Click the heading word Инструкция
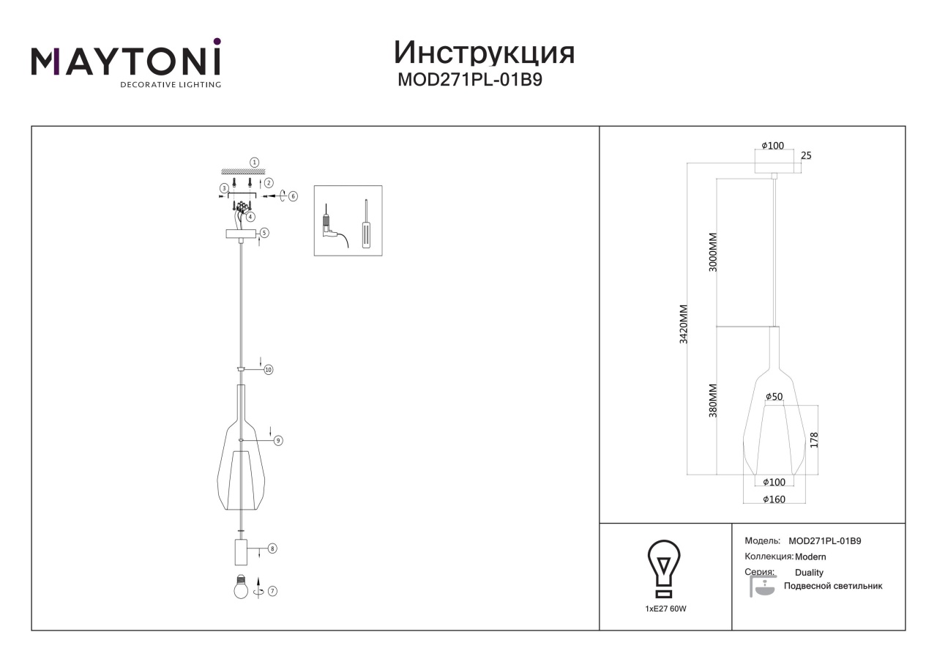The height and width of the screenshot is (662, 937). [x=484, y=53]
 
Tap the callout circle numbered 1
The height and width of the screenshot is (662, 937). [x=254, y=163]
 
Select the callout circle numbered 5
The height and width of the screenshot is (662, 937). [x=264, y=233]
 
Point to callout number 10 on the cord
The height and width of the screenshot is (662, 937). [x=269, y=370]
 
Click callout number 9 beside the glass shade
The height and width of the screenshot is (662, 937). [x=278, y=440]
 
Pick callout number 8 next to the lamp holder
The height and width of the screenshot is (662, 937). [x=272, y=548]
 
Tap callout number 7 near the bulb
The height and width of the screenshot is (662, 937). [x=272, y=591]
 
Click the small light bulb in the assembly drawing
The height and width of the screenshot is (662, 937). [x=241, y=587]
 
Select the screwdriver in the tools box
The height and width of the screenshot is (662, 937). [x=367, y=224]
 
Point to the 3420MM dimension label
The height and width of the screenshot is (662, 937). [x=683, y=324]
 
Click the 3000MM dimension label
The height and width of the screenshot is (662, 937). [x=713, y=253]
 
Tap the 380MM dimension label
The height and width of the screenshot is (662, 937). [x=713, y=401]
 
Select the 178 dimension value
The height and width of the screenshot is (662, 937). [x=814, y=440]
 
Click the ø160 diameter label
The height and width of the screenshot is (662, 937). [x=774, y=499]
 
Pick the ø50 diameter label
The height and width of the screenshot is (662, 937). [x=774, y=396]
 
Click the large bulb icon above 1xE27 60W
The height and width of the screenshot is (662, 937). [x=664, y=569]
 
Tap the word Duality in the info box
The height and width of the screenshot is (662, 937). [x=809, y=573]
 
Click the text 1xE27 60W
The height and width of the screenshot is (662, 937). [x=665, y=609]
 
